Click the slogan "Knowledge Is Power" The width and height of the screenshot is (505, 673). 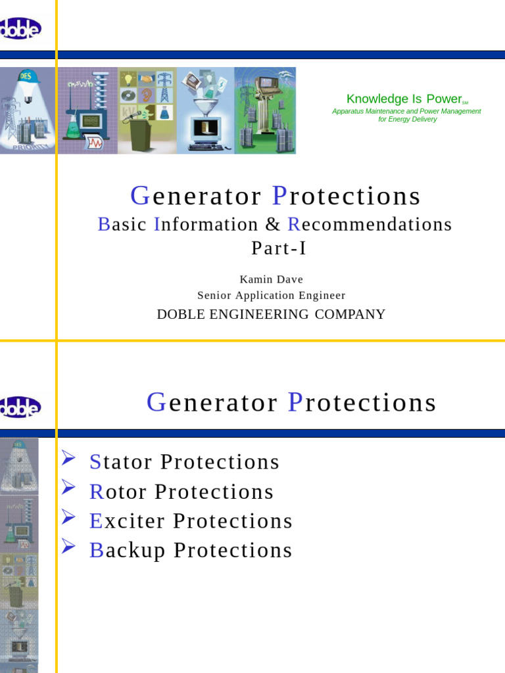[x=404, y=99]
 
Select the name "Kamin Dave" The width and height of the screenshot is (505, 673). [x=272, y=279]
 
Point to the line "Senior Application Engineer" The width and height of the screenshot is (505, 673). [x=272, y=296]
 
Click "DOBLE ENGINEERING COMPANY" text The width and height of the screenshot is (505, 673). [x=271, y=314]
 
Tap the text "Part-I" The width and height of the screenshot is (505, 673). [x=279, y=248]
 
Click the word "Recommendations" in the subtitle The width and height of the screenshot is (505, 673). [x=370, y=224]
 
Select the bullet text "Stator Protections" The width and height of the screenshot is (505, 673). [x=184, y=462]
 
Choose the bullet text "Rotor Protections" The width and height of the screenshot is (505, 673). [x=181, y=492]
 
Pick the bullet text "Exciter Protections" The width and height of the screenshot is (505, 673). [x=191, y=521]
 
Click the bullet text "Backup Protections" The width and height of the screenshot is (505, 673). [x=191, y=550]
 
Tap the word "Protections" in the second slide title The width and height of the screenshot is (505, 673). [x=362, y=402]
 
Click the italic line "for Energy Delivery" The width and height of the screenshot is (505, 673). [x=407, y=120]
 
